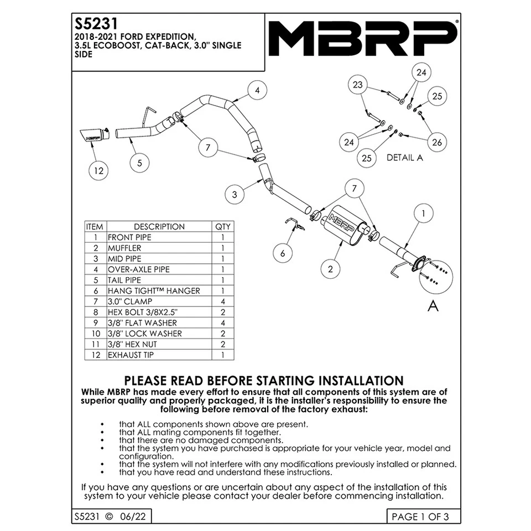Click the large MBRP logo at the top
pos(364,36)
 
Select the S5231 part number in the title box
pos(93,25)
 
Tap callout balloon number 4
pos(257,91)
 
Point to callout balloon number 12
pos(98,170)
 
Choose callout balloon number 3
pos(235,194)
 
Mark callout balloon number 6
pos(283,253)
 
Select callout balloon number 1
pos(423,212)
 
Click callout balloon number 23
pos(358,85)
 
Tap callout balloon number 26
pos(437,142)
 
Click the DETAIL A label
pos(404,158)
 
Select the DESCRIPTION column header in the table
pos(159,227)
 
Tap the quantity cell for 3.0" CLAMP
pos(222,301)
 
